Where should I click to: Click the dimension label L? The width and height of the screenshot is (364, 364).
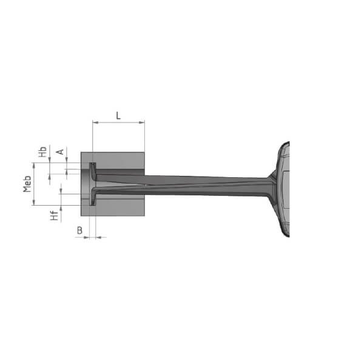[118, 113]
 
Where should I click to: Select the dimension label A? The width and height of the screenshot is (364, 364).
[60, 151]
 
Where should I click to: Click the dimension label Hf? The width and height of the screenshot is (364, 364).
[55, 214]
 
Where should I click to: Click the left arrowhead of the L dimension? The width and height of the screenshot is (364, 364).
[95, 123]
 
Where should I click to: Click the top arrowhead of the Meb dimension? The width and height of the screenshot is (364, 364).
[35, 166]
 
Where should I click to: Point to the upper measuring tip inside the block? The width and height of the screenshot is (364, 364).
[92, 167]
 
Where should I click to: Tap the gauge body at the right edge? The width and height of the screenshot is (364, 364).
[285, 188]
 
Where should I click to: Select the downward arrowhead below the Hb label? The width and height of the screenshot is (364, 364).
[50, 164]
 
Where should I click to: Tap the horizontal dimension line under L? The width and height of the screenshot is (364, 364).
[118, 123]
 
